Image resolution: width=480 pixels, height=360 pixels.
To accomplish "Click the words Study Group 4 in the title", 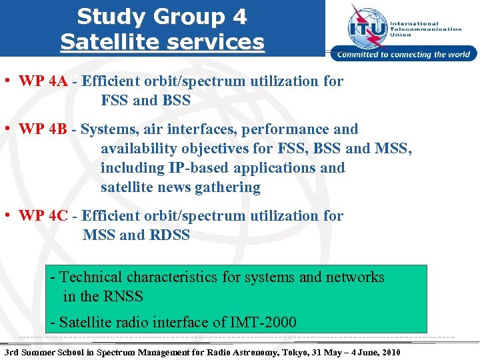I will pos(162,16).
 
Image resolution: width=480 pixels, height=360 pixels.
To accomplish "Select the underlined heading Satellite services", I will pos(162,42).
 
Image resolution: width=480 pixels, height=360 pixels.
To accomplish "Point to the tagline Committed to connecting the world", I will pos(404,55).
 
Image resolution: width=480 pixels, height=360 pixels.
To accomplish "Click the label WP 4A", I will pos(43,81).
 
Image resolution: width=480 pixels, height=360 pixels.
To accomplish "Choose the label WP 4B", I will pos(43,129).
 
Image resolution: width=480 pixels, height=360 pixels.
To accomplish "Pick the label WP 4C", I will pos(43,216).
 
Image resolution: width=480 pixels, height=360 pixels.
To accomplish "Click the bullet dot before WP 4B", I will pos(5,129).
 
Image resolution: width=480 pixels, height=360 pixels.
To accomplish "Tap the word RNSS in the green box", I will pos(123,296).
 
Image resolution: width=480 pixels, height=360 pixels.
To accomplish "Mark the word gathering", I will pos(227,187).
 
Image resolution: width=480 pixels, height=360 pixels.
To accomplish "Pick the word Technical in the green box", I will pos(91,277).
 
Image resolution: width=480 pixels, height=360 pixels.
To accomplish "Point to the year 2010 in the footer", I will pos(389,351).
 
